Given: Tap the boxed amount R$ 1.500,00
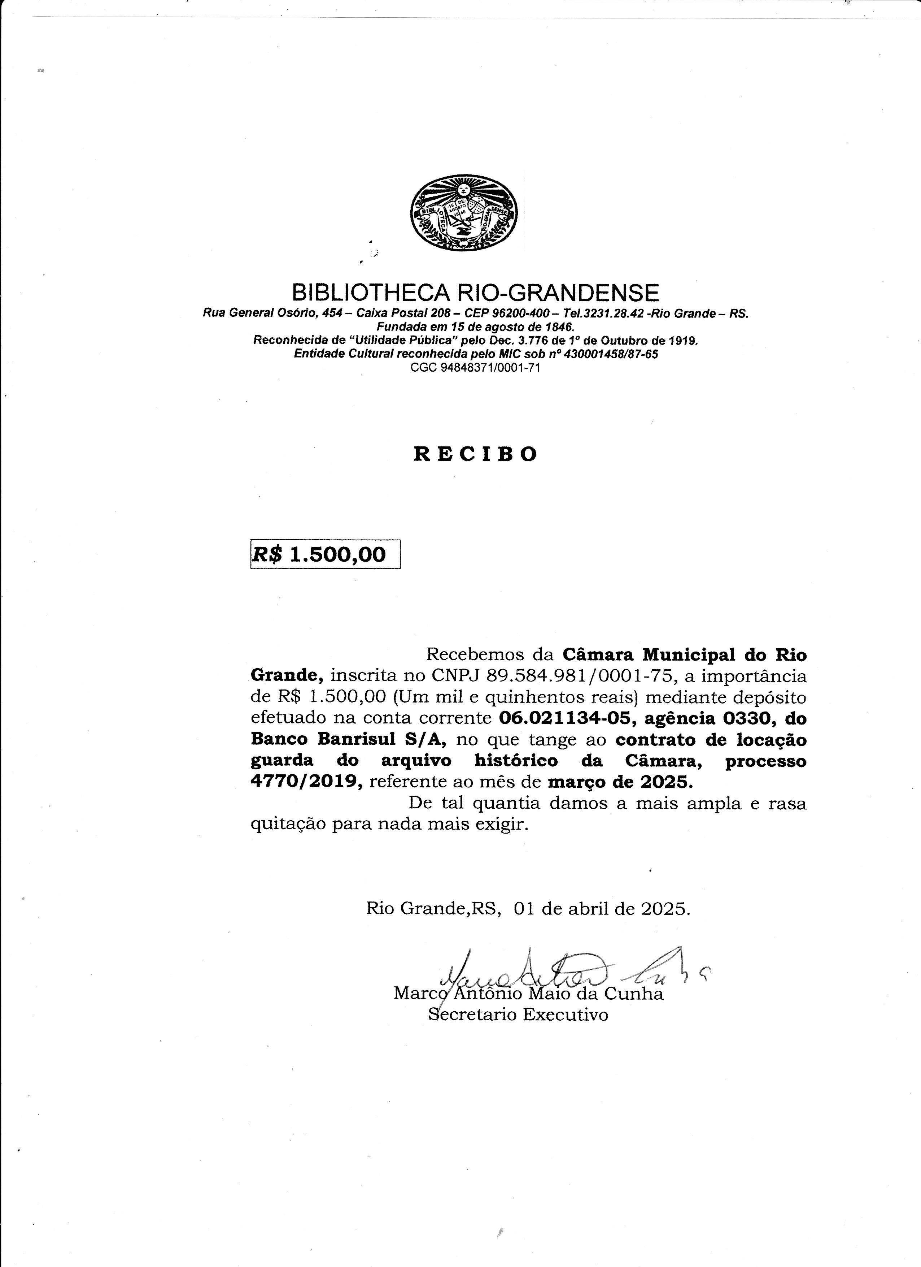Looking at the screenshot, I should pos(326,554).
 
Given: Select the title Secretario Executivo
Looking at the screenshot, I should pos(518,1015).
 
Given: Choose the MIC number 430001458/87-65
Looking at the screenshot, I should pos(611,354).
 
